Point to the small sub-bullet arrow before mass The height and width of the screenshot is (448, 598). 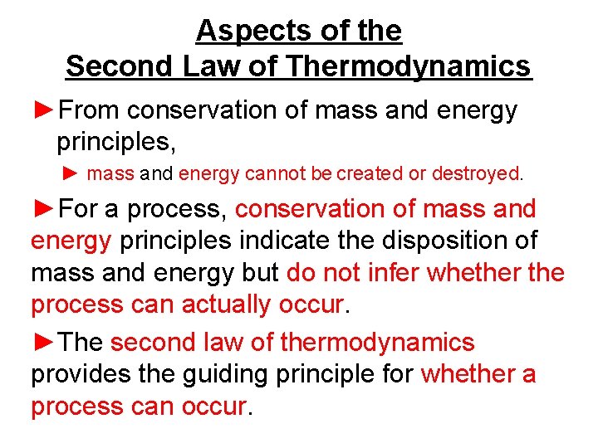[71, 174]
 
